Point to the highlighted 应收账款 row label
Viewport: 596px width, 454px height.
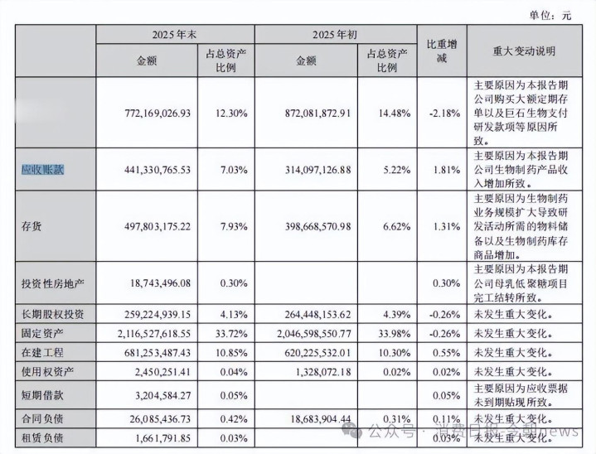pyautogui.click(x=42, y=170)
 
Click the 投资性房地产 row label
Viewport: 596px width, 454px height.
pyautogui.click(x=52, y=283)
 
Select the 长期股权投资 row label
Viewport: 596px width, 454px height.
pyautogui.click(x=52, y=315)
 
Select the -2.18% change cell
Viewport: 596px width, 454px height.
pyautogui.click(x=442, y=112)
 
